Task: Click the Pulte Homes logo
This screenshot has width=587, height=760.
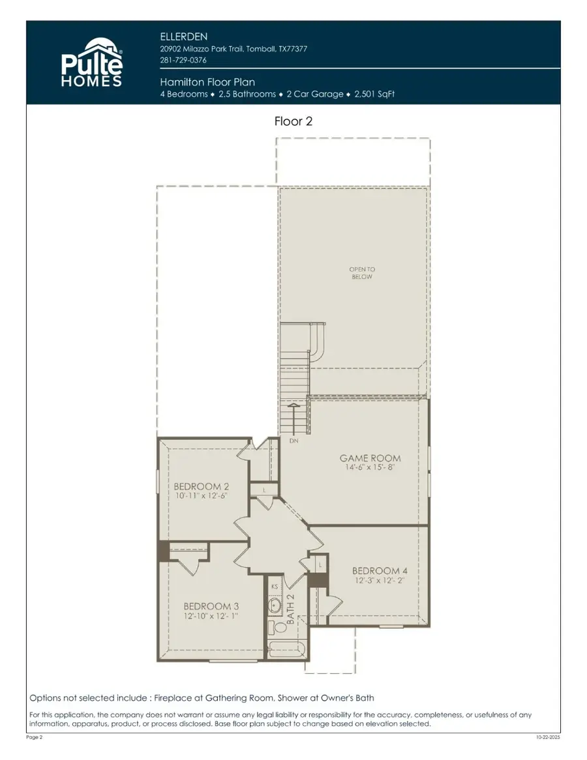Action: [x=91, y=62]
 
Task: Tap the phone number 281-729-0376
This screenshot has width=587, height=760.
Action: [x=183, y=61]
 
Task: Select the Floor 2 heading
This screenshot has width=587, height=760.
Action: [x=293, y=121]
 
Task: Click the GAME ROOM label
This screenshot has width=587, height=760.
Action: [x=370, y=458]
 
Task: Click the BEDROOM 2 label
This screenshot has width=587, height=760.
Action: [x=201, y=486]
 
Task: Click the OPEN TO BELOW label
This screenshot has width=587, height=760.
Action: [x=362, y=272]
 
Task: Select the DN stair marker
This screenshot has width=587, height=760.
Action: [x=293, y=441]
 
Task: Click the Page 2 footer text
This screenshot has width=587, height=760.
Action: [x=35, y=737]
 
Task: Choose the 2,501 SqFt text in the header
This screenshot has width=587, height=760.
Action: [x=374, y=94]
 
